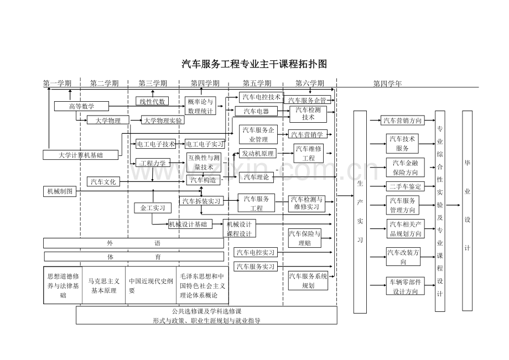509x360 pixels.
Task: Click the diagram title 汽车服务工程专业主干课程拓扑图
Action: coord(254,64)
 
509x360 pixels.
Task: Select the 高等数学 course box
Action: coord(81,106)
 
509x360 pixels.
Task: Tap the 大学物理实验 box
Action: coord(163,120)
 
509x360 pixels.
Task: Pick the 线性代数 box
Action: coord(152,101)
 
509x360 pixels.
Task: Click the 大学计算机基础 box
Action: coord(81,155)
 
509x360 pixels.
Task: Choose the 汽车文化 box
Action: coord(103,181)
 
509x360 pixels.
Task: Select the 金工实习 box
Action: coord(152,208)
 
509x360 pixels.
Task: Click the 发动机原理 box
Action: coord(258,153)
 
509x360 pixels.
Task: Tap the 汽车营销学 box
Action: coord(307,134)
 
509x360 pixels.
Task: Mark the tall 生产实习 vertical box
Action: coord(360,211)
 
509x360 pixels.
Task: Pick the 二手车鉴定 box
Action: coord(405,186)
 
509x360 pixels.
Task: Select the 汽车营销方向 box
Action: coord(402,120)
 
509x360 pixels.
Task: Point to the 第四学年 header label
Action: coord(387,84)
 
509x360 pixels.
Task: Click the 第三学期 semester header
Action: coord(153,83)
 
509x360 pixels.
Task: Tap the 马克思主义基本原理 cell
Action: coord(104,286)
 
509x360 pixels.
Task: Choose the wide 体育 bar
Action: coord(134,257)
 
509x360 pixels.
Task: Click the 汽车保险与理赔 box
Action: coord(304,238)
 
